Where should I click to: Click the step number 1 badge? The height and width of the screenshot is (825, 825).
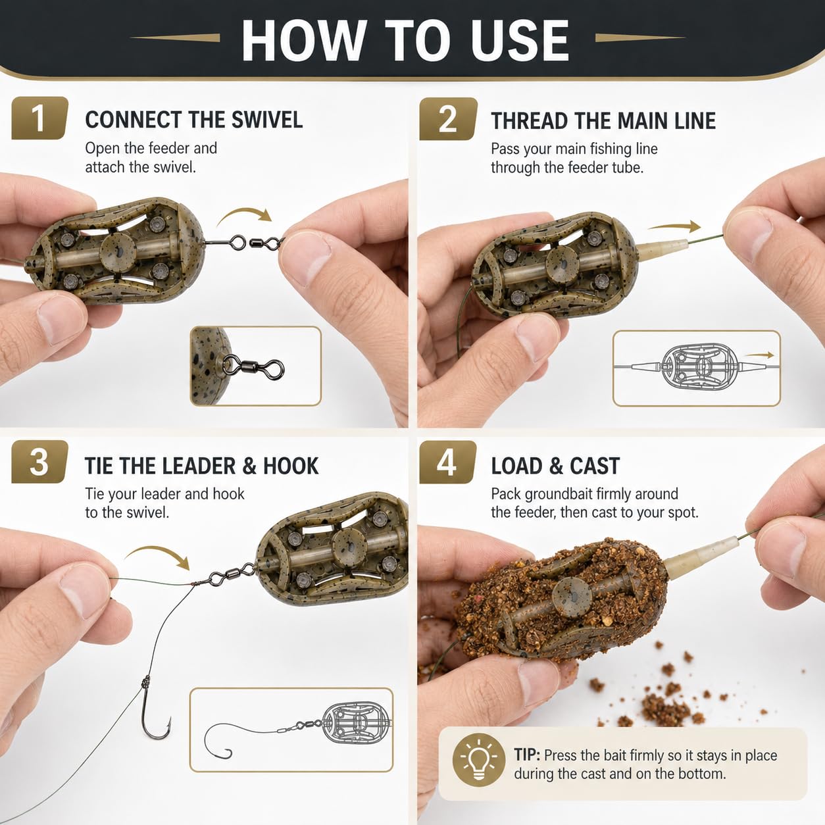point(39,118)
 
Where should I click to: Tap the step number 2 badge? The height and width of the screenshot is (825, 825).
point(448,119)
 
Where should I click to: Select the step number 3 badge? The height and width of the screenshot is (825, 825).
point(39,462)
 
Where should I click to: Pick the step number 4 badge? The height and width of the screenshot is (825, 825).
point(447,463)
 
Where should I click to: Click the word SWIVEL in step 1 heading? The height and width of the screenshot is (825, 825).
point(266,120)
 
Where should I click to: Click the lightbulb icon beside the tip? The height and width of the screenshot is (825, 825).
point(479,760)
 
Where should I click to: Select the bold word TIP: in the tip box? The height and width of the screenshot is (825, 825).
point(527,755)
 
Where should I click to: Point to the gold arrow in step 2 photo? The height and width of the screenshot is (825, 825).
point(674,227)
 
